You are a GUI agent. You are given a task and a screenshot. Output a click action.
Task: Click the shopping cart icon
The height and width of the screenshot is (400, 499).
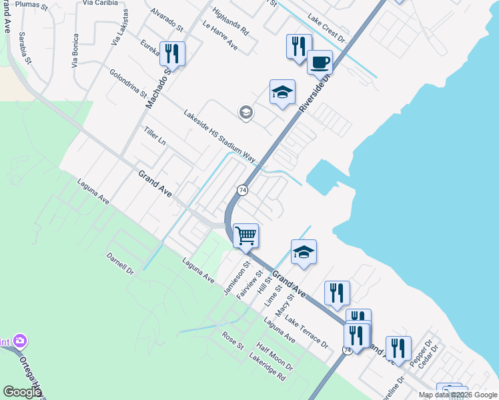[246, 235]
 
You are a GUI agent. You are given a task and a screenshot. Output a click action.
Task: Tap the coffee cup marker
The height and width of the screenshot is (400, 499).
[320, 62]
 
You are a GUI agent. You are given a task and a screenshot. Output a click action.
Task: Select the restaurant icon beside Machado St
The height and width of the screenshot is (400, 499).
[173, 53]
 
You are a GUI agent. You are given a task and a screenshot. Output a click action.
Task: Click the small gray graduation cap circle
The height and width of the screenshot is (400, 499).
[245, 112]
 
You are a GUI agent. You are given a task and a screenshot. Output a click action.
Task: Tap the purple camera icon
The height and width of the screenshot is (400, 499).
[20, 341]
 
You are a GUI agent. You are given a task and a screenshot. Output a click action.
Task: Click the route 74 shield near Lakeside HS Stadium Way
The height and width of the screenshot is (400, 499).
[243, 191]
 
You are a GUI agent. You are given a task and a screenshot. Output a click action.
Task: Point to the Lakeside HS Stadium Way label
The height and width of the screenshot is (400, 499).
[219, 136]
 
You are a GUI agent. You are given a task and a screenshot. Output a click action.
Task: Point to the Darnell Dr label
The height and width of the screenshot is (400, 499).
[120, 263]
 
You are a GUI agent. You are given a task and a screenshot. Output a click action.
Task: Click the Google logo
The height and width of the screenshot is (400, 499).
[21, 392]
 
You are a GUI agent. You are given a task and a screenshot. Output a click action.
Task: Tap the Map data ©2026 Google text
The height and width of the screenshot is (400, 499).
[457, 395]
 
